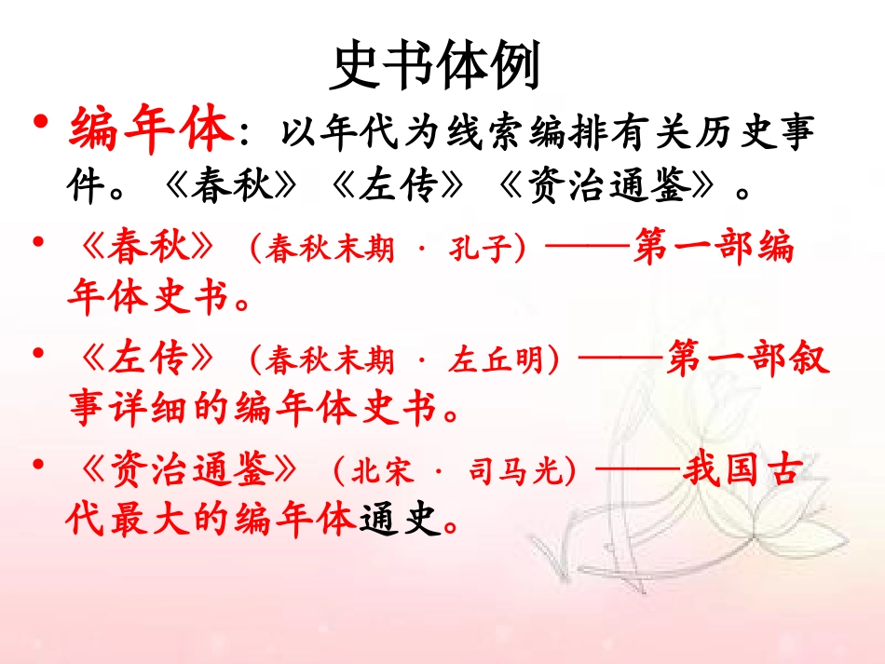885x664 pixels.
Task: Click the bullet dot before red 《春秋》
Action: [40, 244]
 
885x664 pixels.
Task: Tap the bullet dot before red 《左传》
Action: [40, 353]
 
